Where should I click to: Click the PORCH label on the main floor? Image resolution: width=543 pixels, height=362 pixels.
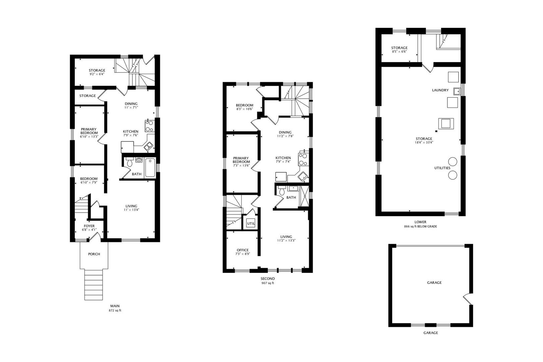pos(94,254)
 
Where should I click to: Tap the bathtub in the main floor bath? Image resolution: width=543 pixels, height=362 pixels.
pos(150,168)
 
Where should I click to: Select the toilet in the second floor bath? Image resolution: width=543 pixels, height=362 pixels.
pos(282,191)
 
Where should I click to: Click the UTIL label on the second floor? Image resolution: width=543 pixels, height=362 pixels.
pos(251,223)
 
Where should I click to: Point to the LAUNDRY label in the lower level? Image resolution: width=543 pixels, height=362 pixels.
pos(440,90)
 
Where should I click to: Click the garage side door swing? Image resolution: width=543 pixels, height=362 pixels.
pos(468,299)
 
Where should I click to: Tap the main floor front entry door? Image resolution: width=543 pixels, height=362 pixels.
pos(95,236)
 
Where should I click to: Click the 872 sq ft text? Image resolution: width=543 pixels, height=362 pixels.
pos(115,310)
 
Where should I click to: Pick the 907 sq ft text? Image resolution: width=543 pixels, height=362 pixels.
pos(267,283)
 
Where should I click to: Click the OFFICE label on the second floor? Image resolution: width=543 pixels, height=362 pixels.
pos(243,250)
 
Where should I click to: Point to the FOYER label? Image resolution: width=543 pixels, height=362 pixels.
pos(89,226)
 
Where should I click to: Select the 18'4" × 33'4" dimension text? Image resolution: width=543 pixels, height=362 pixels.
pos(424,142)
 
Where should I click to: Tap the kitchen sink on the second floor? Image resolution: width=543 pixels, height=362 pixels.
pos(303,176)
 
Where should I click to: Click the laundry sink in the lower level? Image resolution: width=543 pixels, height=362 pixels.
pos(457,91)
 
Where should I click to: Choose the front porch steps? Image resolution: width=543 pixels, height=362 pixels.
pos(94,285)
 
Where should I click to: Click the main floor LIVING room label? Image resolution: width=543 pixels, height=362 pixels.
pos(131,206)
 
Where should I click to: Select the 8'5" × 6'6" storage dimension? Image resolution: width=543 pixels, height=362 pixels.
pos(399,52)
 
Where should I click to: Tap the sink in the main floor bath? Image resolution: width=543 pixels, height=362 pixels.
pos(139,160)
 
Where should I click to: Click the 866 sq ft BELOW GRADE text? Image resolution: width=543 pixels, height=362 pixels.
pos(420,227)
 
